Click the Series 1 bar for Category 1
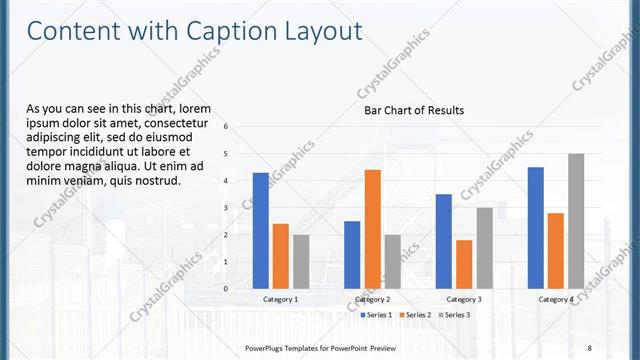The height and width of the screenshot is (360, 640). point(260,230)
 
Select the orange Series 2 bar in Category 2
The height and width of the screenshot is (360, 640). point(372,229)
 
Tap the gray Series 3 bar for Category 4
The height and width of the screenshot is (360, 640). point(576,221)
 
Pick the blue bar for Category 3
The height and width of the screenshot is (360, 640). point(444,241)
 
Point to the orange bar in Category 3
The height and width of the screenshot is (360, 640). point(464,264)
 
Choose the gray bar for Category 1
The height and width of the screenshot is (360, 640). point(301,261)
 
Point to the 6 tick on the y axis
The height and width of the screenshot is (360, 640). point(226,126)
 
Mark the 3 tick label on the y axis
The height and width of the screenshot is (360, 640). point(226,207)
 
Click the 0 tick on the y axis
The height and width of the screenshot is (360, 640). point(226,288)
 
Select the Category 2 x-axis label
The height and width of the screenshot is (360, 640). point(372,299)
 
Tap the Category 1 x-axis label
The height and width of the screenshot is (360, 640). point(281,299)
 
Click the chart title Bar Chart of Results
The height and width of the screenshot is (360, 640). point(413,110)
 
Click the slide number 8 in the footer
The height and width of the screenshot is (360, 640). point(589,347)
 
